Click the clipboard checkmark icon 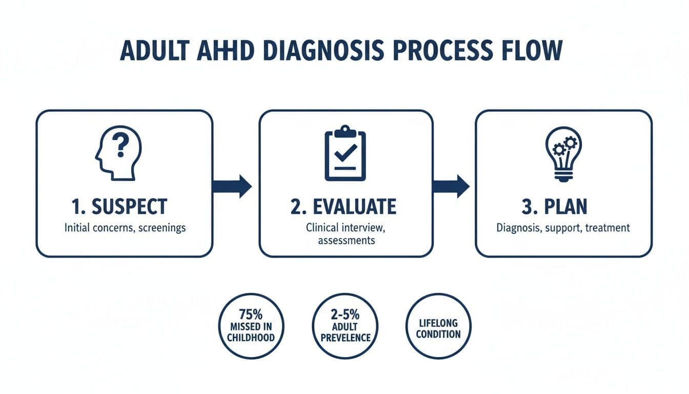tap(345, 152)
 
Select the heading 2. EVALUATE tap(343, 207)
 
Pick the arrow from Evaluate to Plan tap(451, 186)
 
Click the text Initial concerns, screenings tap(125, 227)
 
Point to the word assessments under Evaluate tap(347, 240)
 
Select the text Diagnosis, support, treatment tap(563, 227)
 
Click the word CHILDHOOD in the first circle tap(251, 338)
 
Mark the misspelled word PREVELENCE tap(344, 338)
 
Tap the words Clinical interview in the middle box tap(347, 227)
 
